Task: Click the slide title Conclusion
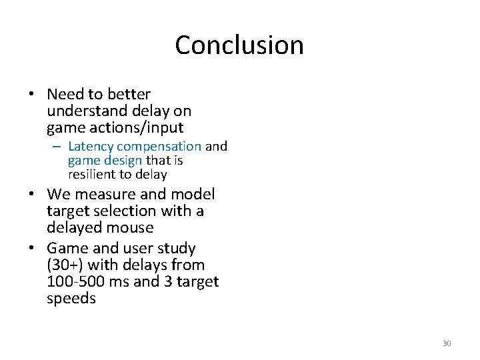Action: tap(239, 45)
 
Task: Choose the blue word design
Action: tap(124, 161)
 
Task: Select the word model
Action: tap(193, 195)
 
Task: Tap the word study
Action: tap(174, 248)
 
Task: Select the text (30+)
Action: tap(64, 265)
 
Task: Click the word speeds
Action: tap(71, 298)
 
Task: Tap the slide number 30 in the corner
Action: tap(447, 343)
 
